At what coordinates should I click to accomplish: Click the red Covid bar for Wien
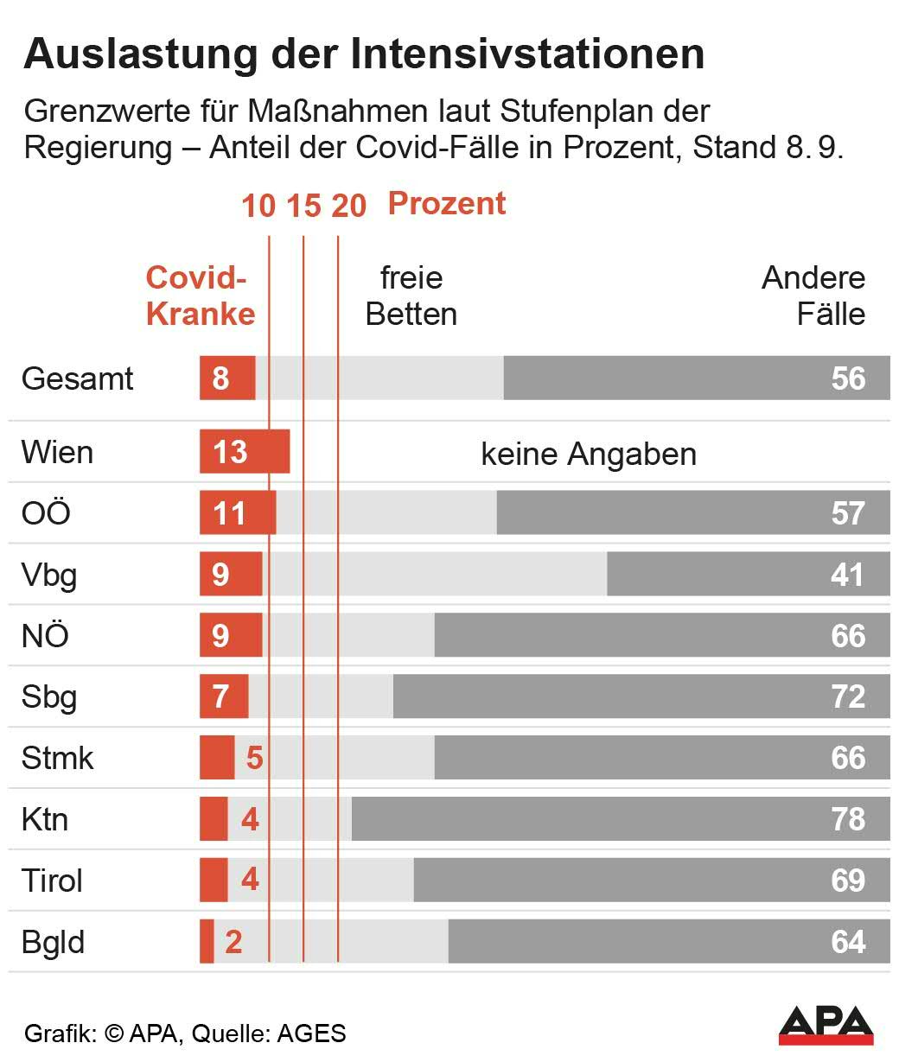(244, 452)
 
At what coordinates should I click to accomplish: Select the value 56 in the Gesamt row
(848, 378)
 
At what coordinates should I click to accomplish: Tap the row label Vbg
(49, 575)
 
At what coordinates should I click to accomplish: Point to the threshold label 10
(258, 207)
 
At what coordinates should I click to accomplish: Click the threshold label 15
(303, 207)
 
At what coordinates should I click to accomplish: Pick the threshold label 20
(349, 207)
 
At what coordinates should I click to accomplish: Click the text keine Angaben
(589, 454)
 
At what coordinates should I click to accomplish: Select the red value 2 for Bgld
(233, 942)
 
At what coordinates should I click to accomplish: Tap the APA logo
(826, 1025)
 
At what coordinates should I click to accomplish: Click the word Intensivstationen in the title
(527, 54)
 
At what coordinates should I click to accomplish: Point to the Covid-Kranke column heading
(200, 296)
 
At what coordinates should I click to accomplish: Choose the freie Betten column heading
(411, 296)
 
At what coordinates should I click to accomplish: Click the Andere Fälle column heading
(813, 296)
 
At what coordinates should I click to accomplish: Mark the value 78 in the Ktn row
(848, 819)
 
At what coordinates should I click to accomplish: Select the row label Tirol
(52, 881)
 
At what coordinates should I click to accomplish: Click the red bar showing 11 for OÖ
(237, 513)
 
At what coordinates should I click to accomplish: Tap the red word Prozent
(447, 204)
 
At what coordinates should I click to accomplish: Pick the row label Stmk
(57, 758)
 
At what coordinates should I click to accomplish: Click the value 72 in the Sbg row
(848, 696)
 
